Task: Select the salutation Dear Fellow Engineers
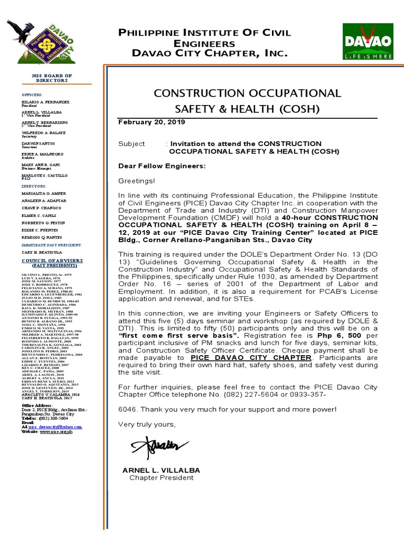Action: coord(162,166)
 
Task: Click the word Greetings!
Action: coord(137,181)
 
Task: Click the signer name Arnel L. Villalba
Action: coord(161,470)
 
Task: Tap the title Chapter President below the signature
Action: coord(161,478)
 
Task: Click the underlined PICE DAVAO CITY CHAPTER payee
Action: coord(251,357)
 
